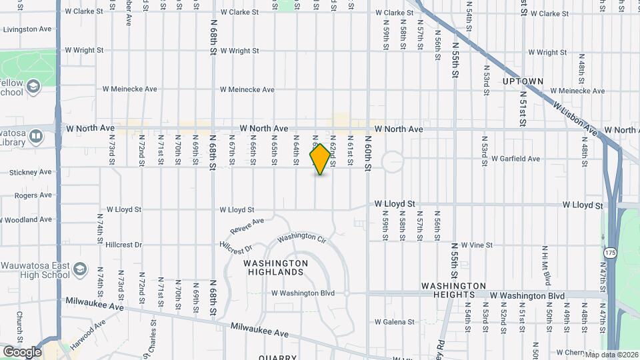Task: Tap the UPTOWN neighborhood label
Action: point(523,81)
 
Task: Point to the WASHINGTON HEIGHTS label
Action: point(447,286)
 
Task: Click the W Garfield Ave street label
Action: point(515,159)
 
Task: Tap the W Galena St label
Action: point(395,322)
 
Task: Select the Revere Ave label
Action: point(247,225)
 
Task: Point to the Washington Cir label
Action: point(301,237)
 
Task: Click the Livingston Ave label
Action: point(27,29)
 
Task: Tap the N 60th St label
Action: point(368,153)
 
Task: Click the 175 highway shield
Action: point(611,253)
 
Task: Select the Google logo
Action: point(22,351)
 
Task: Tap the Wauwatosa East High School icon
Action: point(80,269)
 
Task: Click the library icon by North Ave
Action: point(36,137)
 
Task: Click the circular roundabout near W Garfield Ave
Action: point(393,161)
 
